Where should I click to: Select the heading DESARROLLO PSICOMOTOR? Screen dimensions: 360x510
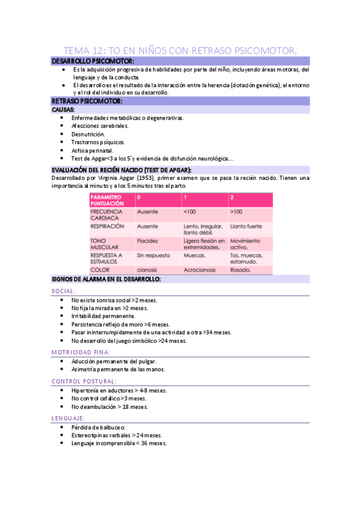(93, 61)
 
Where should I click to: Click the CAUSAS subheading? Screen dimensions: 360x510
(64, 110)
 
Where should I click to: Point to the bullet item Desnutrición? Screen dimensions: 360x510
(88, 134)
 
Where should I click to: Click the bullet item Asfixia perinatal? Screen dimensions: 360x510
(93, 150)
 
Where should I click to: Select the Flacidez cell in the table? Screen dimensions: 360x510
(148, 241)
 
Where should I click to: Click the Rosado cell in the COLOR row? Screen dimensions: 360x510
(240, 270)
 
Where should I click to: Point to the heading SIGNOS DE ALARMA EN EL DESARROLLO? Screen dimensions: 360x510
(106, 280)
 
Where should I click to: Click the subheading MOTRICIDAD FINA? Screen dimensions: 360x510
(81, 352)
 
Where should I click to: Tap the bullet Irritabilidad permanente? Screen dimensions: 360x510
(103, 316)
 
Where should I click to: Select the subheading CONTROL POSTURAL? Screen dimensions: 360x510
(84, 381)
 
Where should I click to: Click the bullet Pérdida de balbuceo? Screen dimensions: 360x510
(98, 427)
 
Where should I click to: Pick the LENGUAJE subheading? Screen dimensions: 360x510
(68, 417)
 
